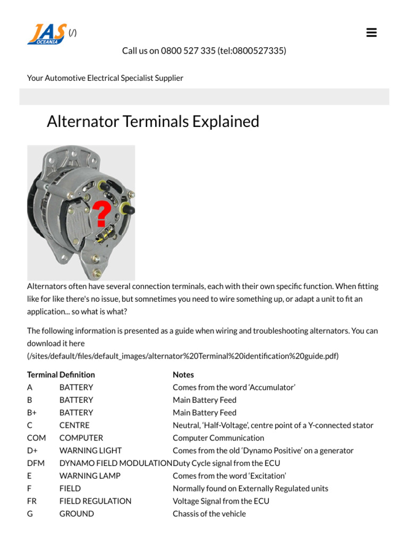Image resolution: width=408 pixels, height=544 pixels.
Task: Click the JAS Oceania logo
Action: click(47, 33)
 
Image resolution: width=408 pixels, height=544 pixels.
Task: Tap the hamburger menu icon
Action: click(371, 33)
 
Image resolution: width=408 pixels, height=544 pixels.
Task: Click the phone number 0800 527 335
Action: click(188, 50)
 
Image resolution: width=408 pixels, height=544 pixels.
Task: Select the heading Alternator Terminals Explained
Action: click(153, 122)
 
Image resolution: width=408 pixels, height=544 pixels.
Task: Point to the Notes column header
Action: click(183, 375)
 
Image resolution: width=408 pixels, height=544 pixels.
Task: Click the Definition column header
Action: click(77, 375)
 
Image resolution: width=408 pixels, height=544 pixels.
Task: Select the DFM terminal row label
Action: click(36, 463)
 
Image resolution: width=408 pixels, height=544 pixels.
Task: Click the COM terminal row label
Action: click(36, 438)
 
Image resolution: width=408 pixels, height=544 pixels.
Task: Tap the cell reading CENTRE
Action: click(74, 425)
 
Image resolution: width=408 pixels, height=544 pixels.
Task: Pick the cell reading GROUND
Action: click(76, 514)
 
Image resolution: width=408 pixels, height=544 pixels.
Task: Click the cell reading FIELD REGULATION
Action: click(95, 501)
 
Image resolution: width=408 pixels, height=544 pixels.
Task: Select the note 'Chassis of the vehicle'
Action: click(209, 514)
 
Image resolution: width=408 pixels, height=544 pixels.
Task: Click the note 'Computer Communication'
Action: click(218, 438)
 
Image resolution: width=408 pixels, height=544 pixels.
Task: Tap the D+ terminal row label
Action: click(32, 450)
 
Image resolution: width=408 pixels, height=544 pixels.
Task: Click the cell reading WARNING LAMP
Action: click(90, 475)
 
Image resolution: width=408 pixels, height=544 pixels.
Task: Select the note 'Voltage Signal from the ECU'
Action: click(221, 501)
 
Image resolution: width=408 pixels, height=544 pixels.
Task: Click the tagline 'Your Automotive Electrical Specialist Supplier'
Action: click(105, 78)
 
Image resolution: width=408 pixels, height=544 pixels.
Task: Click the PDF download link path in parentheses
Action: click(183, 356)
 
